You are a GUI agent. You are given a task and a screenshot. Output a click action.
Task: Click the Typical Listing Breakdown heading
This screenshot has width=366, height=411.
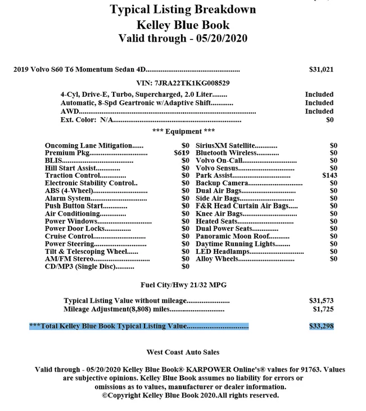183,9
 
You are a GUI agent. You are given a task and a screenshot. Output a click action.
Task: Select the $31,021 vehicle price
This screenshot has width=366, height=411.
321,70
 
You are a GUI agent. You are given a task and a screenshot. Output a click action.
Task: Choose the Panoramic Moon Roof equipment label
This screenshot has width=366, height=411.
227,236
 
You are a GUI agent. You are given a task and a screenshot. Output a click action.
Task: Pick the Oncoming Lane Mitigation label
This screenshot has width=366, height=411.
89,145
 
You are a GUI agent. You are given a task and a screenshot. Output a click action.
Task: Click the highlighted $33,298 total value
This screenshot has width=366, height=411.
321,326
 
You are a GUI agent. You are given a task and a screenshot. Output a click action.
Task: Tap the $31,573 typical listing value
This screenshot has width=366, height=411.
321,301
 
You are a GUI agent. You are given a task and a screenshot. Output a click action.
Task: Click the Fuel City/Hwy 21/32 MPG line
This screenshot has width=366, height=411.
183,285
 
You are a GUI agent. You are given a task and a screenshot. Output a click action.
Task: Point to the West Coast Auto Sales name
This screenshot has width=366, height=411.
183,352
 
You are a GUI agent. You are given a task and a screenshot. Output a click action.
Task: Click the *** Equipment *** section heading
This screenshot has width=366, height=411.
183,131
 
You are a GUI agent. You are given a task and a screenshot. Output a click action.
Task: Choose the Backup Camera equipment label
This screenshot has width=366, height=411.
222,184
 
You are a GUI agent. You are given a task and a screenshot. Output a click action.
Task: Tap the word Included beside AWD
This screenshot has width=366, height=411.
319,111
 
